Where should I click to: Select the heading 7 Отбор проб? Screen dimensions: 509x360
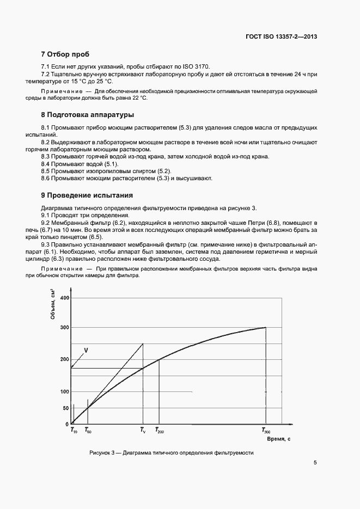tap(65, 54)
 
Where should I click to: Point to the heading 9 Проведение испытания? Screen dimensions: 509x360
tap(87, 195)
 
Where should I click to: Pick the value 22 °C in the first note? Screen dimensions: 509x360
tap(138, 99)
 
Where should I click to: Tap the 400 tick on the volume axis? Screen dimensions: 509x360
tap(65, 298)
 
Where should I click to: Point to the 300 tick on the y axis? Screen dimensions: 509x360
tap(65, 327)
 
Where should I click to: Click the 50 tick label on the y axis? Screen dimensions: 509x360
tap(66, 408)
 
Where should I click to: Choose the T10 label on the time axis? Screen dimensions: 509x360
tap(74, 430)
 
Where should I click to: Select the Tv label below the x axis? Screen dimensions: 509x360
tap(143, 430)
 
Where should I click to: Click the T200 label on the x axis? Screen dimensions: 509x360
tap(160, 430)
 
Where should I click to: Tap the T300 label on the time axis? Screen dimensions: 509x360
tap(266, 430)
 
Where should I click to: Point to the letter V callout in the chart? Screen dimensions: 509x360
tap(86, 350)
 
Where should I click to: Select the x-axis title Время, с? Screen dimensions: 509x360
tap(278, 438)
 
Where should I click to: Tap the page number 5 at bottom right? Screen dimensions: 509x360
tap(315, 463)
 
